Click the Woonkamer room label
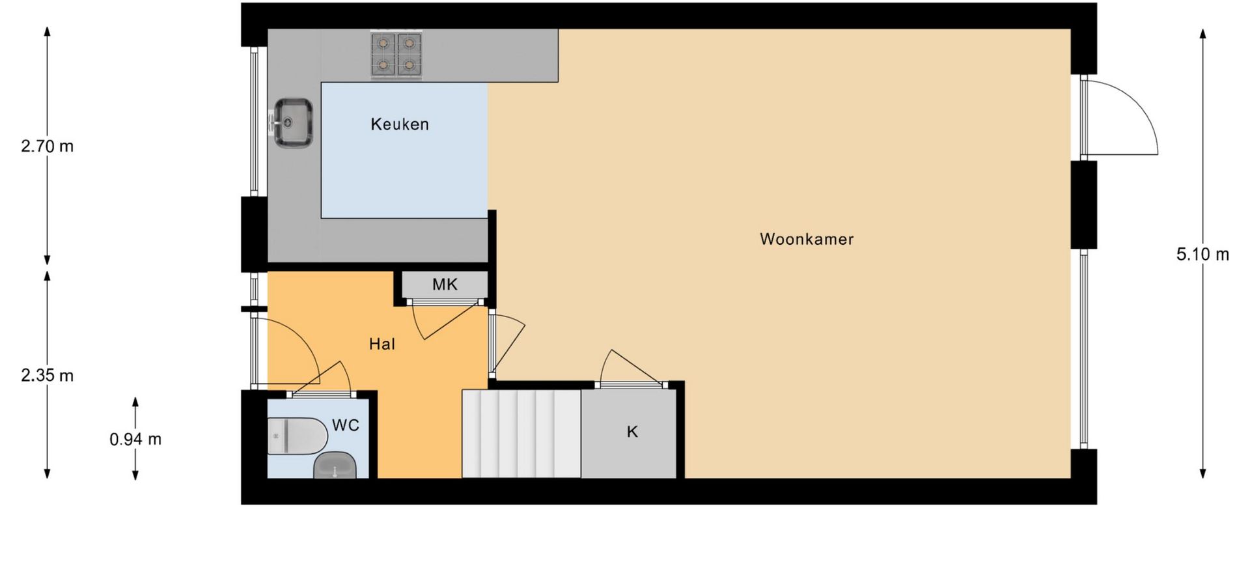point(807,239)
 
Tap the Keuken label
point(400,124)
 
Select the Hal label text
point(382,344)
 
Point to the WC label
point(346,425)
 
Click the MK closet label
point(445,284)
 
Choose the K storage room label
point(632,432)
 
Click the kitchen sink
point(292,122)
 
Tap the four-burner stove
point(396,55)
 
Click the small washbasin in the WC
point(335,466)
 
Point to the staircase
point(521,434)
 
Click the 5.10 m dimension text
point(1202,255)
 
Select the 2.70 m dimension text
point(48,146)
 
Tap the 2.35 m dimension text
point(48,376)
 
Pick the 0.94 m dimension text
point(135,439)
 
